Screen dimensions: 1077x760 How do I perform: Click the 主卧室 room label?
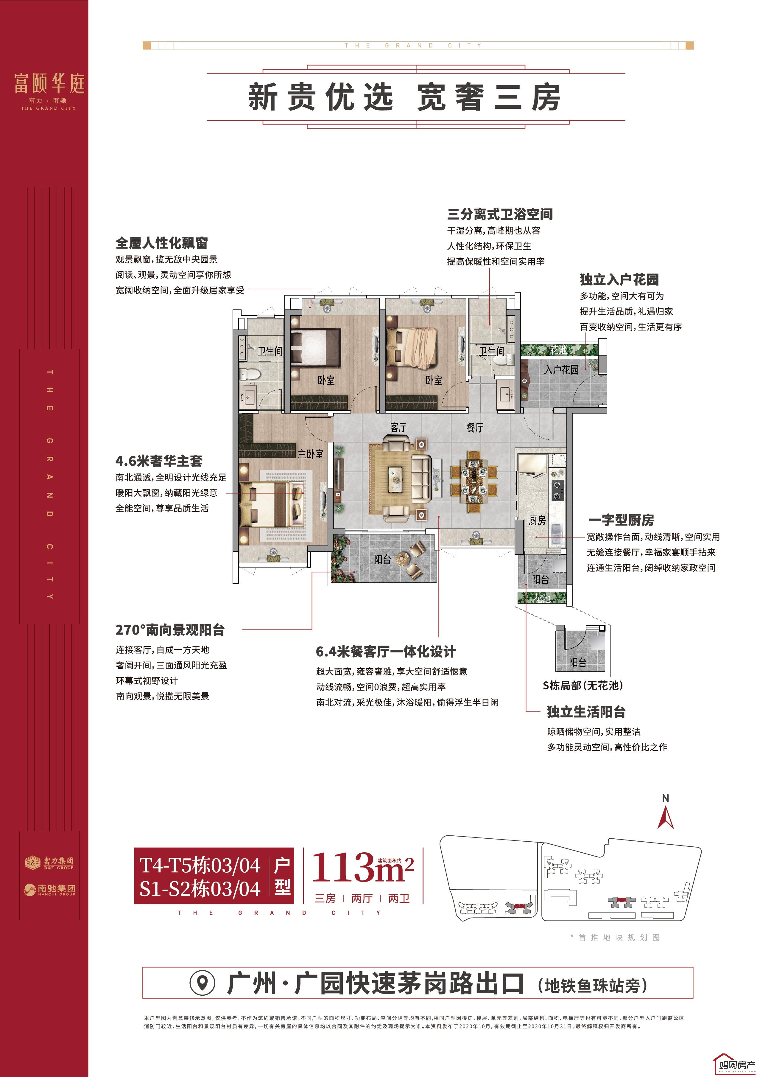click(310, 454)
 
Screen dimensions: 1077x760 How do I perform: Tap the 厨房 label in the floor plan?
click(537, 520)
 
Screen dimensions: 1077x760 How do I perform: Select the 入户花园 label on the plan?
click(561, 370)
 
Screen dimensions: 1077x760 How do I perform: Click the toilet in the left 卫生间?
click(247, 374)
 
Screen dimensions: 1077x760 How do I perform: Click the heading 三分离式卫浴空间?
click(500, 215)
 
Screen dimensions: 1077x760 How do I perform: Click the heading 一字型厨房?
click(621, 520)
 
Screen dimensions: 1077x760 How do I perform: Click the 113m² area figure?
click(362, 868)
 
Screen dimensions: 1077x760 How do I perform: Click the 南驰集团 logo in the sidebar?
click(50, 889)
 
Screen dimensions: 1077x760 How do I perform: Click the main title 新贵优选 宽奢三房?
click(404, 97)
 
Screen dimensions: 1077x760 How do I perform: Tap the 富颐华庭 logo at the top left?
click(49, 89)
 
